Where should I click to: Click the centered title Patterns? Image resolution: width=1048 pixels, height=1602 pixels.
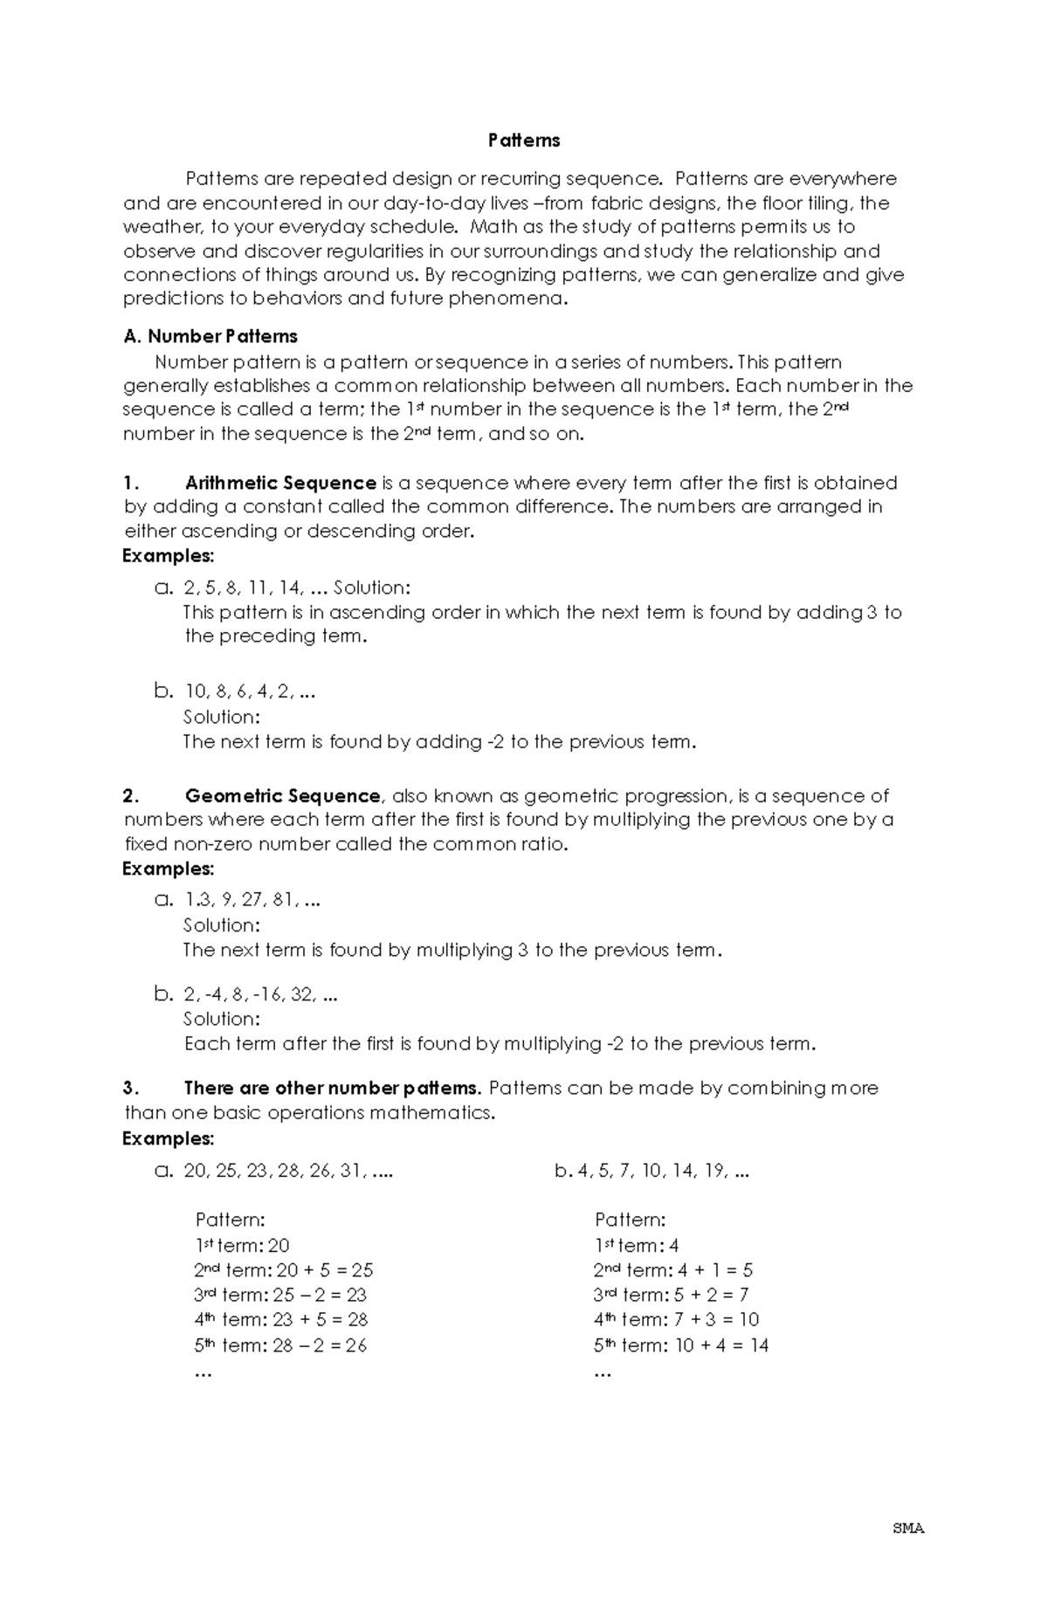pyautogui.click(x=524, y=141)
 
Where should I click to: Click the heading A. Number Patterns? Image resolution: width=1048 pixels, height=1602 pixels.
pyautogui.click(x=210, y=337)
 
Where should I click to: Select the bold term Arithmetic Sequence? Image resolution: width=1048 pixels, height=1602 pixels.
pyautogui.click(x=280, y=483)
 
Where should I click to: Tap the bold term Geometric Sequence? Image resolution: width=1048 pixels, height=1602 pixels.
pyautogui.click(x=282, y=796)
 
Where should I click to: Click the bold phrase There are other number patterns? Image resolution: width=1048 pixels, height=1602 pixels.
pyautogui.click(x=333, y=1089)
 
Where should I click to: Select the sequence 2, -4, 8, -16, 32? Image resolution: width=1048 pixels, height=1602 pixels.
pyautogui.click(x=260, y=994)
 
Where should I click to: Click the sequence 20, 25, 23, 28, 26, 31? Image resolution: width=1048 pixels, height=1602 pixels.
pyautogui.click(x=287, y=1172)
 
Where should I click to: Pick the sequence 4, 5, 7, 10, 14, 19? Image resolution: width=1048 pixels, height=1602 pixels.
pyautogui.click(x=663, y=1172)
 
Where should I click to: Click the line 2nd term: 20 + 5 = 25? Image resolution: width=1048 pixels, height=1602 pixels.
pyautogui.click(x=284, y=1271)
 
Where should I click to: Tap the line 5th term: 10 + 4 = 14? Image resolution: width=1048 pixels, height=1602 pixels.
pyautogui.click(x=681, y=1346)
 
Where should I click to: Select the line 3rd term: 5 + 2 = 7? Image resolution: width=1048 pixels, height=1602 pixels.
pyautogui.click(x=671, y=1296)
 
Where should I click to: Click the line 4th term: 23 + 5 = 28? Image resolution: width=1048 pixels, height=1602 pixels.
pyautogui.click(x=281, y=1320)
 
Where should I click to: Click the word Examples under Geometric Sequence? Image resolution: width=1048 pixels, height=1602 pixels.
pyautogui.click(x=169, y=870)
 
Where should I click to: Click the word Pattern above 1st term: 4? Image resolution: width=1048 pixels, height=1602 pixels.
pyautogui.click(x=630, y=1220)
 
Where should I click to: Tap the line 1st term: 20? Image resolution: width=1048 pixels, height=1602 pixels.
pyautogui.click(x=242, y=1247)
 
